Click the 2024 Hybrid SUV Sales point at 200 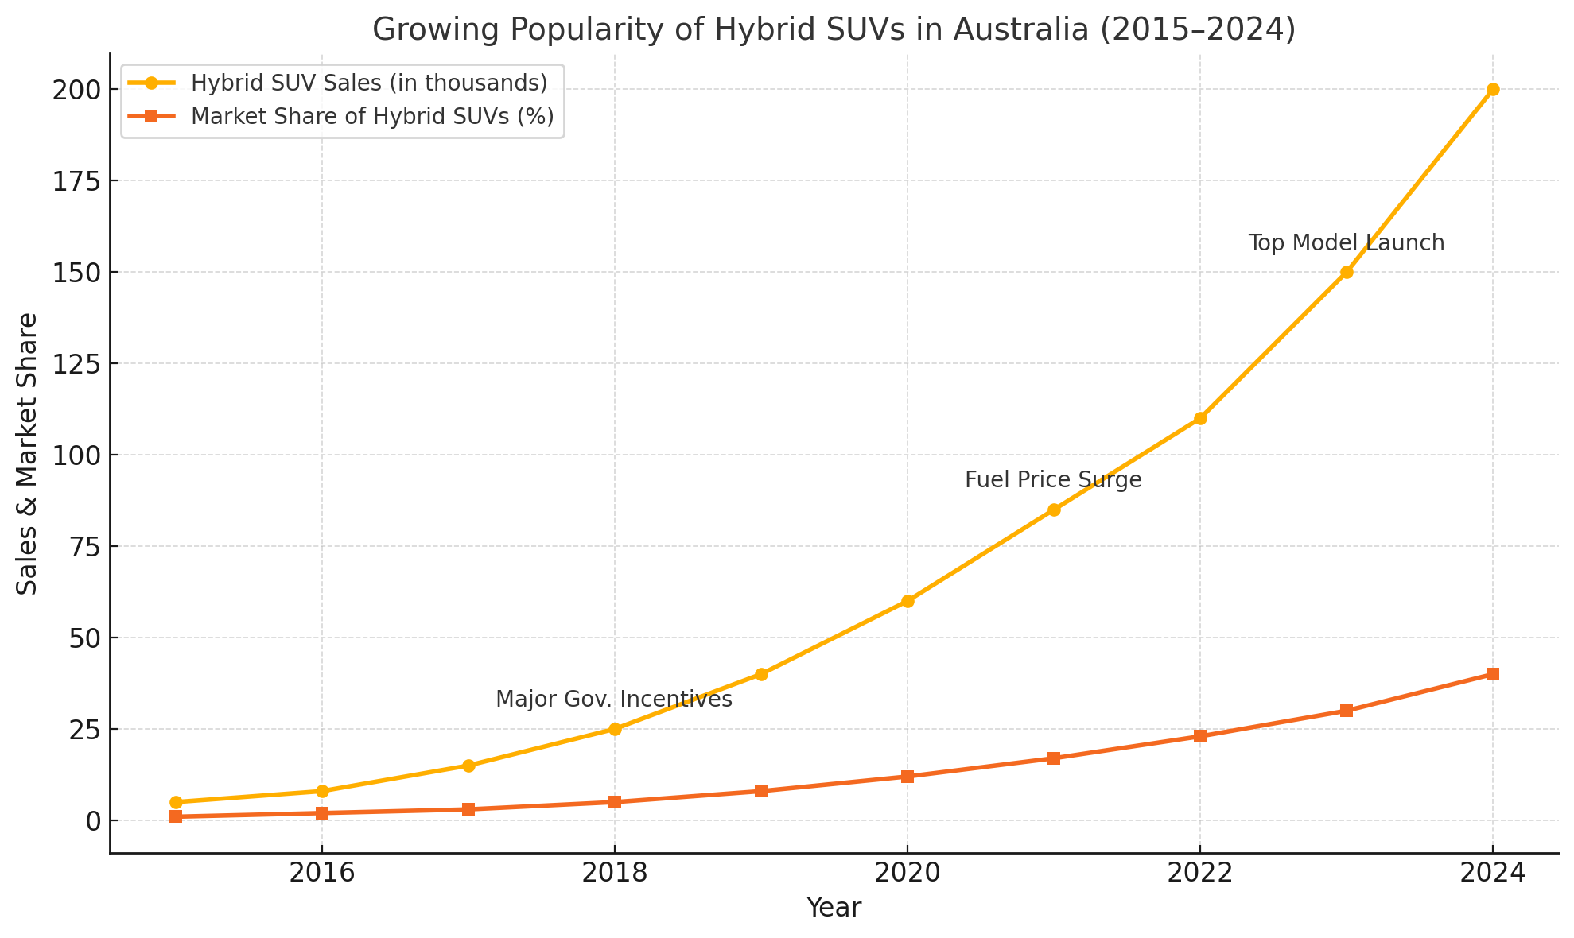coord(1493,90)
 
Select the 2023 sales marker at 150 coord(1347,272)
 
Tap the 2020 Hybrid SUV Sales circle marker coord(907,601)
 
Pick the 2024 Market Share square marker coord(1493,674)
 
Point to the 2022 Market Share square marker coord(1200,736)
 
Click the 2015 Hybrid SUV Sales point coord(176,802)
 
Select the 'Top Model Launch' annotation coord(1346,243)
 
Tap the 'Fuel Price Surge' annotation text coord(1053,480)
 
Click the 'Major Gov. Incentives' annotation coord(613,700)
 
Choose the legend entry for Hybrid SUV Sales coord(369,83)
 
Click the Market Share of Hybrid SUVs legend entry coord(372,116)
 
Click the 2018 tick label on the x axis coord(614,873)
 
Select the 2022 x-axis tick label coord(1199,873)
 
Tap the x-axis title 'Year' coord(834,908)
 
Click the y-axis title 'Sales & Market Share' coord(28,453)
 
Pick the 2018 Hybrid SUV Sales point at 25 coord(615,729)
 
